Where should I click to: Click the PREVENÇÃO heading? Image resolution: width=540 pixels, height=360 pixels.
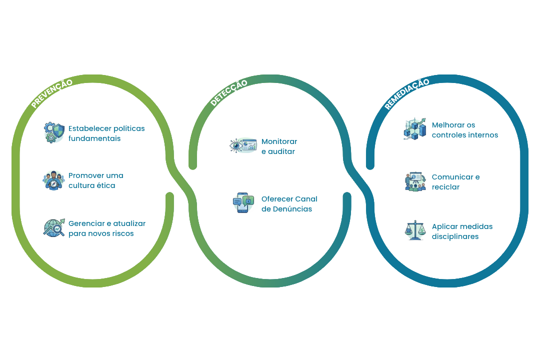[x=51, y=93]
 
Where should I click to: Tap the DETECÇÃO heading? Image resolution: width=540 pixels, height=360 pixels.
[x=228, y=92]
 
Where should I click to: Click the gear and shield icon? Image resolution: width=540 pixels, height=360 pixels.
[x=53, y=133]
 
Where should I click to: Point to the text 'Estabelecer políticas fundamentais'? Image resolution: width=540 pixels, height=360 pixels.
[x=106, y=133]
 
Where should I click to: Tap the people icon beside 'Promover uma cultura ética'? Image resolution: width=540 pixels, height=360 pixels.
[x=53, y=180]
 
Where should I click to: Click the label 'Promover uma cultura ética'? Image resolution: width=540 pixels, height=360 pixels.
[x=95, y=180]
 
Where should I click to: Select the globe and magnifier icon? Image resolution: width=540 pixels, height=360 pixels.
[x=53, y=228]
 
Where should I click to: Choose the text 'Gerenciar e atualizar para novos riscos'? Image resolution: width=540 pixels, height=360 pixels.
[x=107, y=228]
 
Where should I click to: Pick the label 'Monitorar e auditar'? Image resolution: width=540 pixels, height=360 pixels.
[x=279, y=146]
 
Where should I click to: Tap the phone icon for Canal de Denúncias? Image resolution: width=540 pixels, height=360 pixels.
[x=243, y=203]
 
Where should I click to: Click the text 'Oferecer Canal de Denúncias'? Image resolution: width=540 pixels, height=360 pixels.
[x=289, y=204]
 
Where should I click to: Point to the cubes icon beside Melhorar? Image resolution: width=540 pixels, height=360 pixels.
[x=414, y=129]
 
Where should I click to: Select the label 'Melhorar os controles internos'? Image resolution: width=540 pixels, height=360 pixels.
[x=464, y=130]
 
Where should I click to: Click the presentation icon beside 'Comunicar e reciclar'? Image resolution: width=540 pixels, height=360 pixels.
[x=414, y=181]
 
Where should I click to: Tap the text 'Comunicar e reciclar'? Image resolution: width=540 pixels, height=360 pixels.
[x=455, y=182]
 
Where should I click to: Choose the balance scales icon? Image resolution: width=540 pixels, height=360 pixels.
[x=414, y=231]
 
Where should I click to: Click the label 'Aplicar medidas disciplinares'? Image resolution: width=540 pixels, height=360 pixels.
[x=462, y=231]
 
